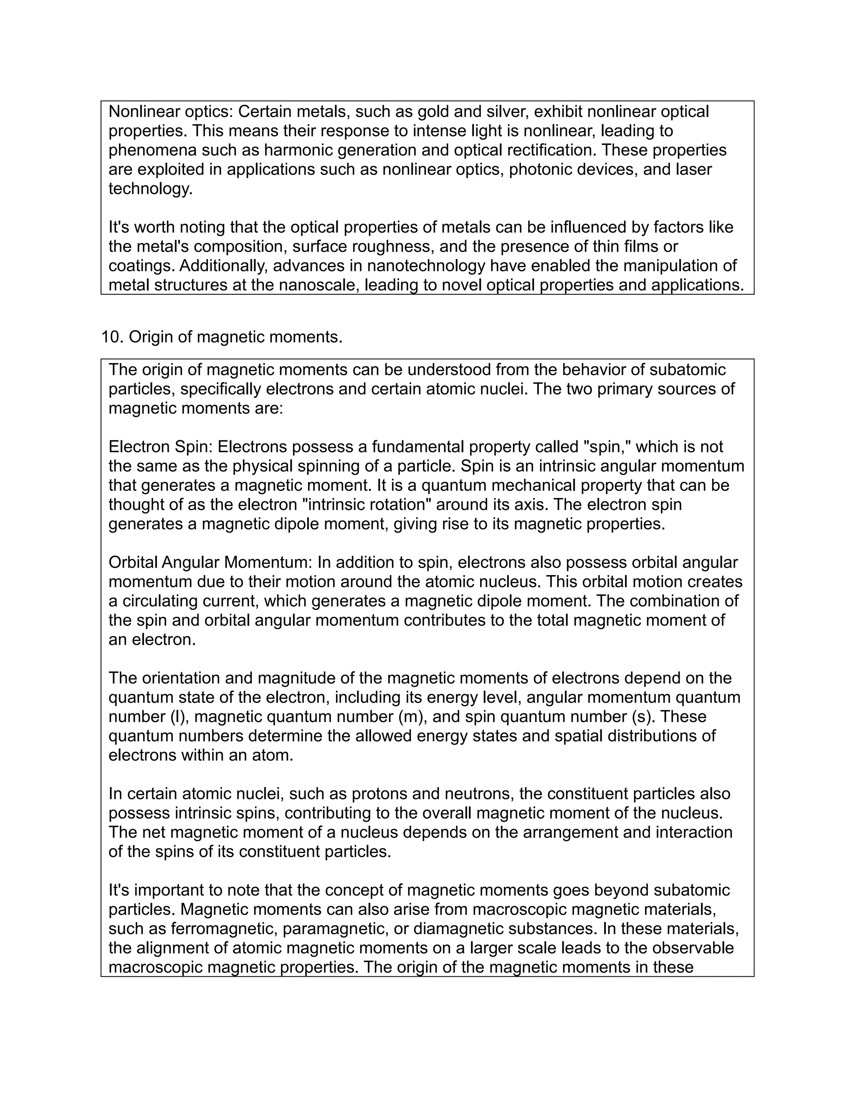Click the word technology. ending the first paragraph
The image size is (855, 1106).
[x=150, y=189]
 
